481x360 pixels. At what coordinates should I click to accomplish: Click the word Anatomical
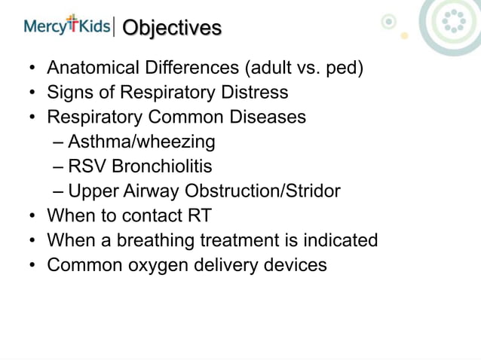[93, 70]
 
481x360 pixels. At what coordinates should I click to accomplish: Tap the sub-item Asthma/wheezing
[141, 142]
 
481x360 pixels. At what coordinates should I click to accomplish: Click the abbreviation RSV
[86, 166]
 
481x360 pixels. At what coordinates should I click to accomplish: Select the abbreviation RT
[198, 215]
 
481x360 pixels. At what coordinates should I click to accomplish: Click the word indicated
[341, 240]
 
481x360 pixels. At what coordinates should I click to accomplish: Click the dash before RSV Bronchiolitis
[59, 166]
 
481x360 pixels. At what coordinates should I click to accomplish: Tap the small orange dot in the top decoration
[404, 35]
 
